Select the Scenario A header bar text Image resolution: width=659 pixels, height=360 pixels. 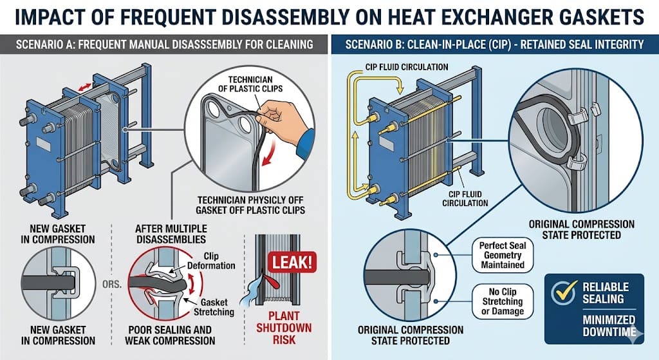pyautogui.click(x=165, y=45)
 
